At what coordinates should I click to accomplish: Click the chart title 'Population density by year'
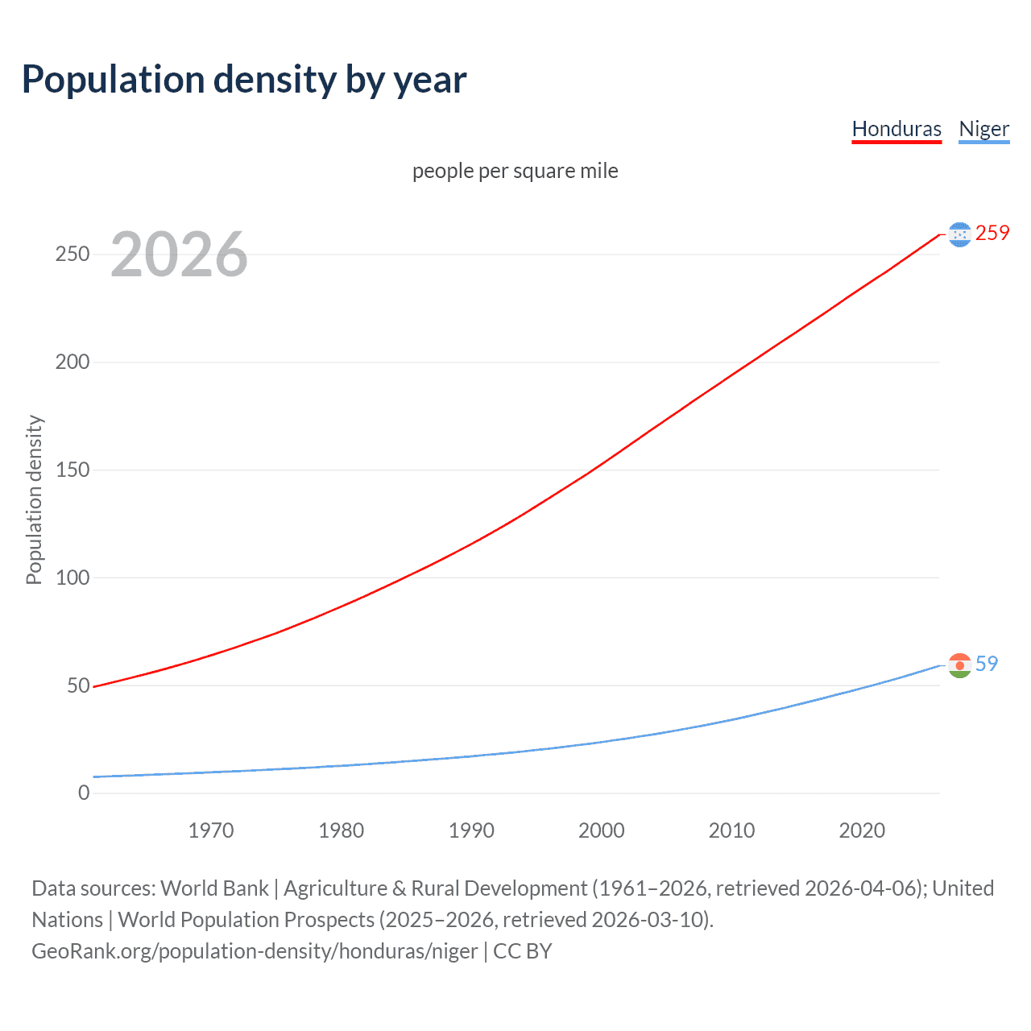[244, 80]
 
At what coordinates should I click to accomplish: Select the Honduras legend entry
[896, 129]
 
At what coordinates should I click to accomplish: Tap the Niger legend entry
[983, 129]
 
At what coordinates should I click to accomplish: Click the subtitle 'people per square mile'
[515, 171]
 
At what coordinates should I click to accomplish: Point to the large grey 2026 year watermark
[179, 255]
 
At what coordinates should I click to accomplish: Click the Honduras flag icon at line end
[959, 234]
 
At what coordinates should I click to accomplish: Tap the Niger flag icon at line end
[959, 665]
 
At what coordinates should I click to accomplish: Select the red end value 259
[992, 233]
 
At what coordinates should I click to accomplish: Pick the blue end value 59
[987, 664]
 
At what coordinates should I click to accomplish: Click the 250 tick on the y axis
[72, 255]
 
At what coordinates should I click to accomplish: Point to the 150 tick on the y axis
[72, 470]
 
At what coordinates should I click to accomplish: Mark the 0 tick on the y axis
[84, 793]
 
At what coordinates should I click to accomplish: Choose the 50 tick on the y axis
[78, 685]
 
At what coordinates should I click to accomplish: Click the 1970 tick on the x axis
[211, 830]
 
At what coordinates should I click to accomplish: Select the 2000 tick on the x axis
[602, 830]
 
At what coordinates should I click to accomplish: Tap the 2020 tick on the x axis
[862, 830]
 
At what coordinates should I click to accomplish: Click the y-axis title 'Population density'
[34, 499]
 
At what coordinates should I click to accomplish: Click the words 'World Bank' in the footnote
[214, 888]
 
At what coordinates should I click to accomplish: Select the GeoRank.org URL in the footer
[255, 951]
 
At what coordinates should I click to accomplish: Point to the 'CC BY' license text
[523, 951]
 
